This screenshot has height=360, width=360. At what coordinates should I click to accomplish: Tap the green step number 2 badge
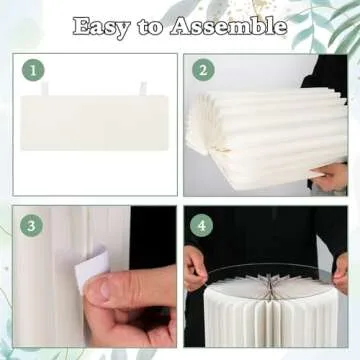(203, 70)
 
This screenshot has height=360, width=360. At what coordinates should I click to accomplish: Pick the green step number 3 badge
(32, 225)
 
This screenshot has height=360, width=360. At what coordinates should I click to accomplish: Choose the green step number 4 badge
(203, 225)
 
